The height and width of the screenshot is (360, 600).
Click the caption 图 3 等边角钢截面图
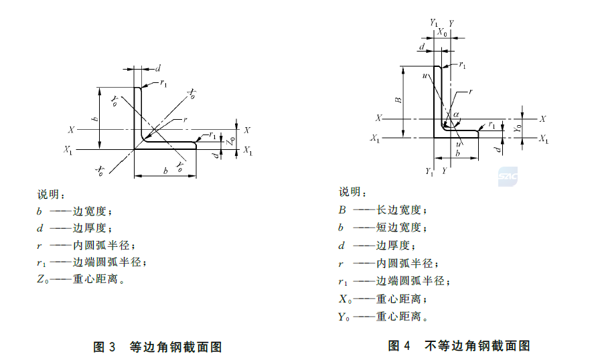[x=157, y=347]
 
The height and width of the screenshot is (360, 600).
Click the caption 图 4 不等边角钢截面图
[x=459, y=346]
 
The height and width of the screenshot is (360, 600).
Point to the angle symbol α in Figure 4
[x=457, y=114]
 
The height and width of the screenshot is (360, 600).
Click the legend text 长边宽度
[x=401, y=210]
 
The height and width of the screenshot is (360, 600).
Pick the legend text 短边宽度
[x=401, y=228]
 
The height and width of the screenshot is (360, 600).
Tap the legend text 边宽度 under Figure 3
[x=90, y=211]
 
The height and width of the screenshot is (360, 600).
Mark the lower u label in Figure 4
[x=458, y=145]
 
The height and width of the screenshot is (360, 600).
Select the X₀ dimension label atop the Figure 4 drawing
[x=442, y=32]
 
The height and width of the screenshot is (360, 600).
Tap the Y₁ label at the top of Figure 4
[x=433, y=23]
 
